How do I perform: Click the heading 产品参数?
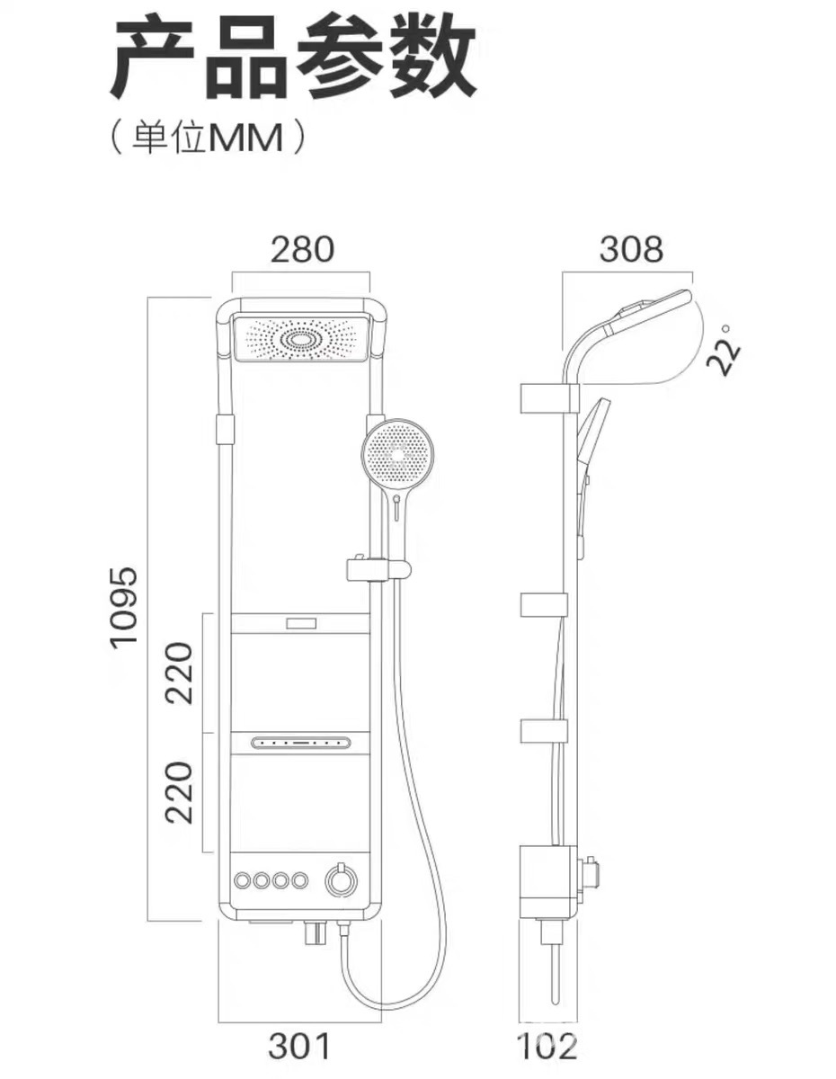click(x=293, y=61)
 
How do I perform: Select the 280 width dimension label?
click(x=302, y=249)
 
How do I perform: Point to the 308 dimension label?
click(x=631, y=249)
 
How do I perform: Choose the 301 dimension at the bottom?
click(x=300, y=1046)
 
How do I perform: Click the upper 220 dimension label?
click(x=180, y=673)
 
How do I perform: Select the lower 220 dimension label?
click(x=180, y=792)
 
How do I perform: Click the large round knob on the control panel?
click(x=341, y=879)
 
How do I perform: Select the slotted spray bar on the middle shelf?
click(x=300, y=744)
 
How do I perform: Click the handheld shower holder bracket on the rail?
click(x=378, y=568)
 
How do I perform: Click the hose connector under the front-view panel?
click(x=316, y=935)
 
